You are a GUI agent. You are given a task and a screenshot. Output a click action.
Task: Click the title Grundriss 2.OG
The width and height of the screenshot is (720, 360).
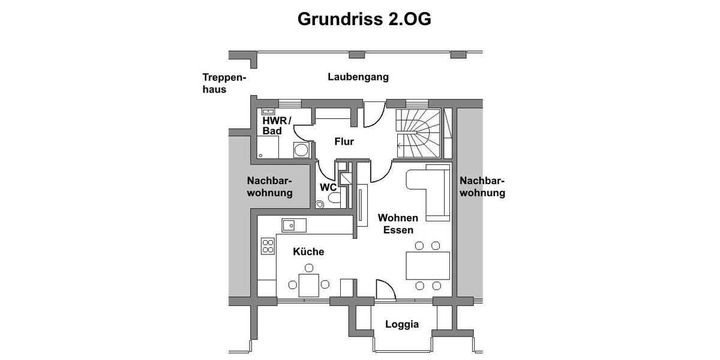(364, 19)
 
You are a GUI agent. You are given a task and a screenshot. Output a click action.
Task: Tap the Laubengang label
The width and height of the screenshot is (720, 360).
(358, 77)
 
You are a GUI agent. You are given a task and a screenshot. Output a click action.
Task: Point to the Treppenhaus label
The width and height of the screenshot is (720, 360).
(224, 83)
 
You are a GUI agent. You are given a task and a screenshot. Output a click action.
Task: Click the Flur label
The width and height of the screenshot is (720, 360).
(344, 142)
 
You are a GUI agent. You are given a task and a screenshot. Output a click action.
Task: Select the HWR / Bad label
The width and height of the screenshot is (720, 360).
(276, 126)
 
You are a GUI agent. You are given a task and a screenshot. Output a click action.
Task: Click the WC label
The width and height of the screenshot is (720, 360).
(328, 187)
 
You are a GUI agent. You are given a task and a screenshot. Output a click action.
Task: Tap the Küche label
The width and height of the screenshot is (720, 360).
(308, 251)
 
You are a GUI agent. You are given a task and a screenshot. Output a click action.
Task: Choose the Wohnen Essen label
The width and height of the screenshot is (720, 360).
(398, 223)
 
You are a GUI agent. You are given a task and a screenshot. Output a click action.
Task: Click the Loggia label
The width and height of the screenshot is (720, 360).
(402, 325)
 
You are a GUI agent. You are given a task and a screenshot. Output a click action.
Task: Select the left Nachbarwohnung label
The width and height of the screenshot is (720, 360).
(270, 187)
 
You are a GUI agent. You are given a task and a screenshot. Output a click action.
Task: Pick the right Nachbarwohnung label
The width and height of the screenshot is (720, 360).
(482, 187)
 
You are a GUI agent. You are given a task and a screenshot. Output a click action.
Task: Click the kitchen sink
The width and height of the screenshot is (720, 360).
(294, 226)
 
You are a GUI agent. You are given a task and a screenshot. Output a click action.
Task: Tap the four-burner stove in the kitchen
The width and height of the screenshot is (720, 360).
(268, 245)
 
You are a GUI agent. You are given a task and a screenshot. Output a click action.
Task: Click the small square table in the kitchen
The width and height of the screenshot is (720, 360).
(309, 284)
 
